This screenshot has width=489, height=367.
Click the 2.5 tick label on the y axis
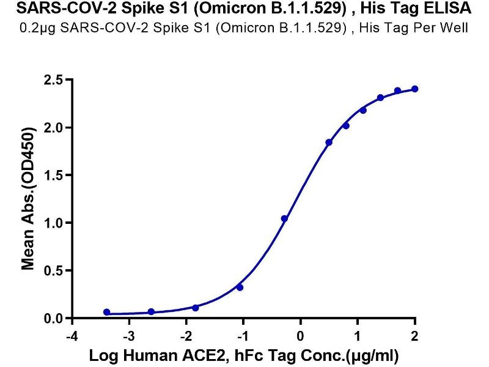pyautogui.click(x=53, y=80)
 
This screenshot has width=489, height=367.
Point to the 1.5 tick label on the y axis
pyautogui.click(x=53, y=176)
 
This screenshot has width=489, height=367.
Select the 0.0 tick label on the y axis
pyautogui.click(x=53, y=319)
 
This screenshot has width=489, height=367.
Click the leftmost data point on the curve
pyautogui.click(x=107, y=312)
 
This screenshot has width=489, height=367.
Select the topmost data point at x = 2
pyautogui.click(x=415, y=89)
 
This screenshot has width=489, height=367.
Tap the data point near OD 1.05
pyautogui.click(x=284, y=218)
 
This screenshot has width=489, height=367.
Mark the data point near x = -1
pyautogui.click(x=240, y=287)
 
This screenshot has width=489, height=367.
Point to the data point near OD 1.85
pyautogui.click(x=329, y=143)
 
